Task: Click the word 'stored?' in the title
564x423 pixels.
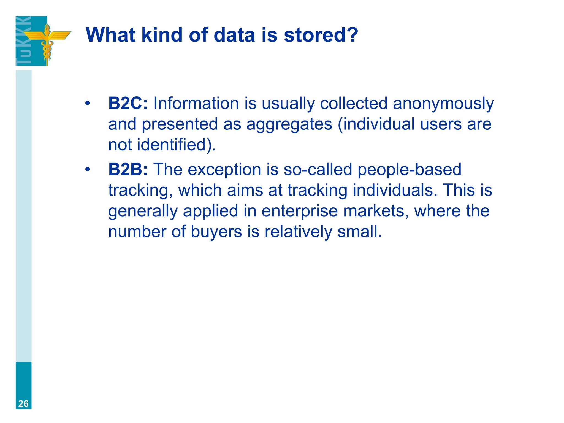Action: tap(321, 35)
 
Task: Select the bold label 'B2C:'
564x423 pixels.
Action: tap(128, 103)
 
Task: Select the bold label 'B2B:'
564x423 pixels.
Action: tap(128, 169)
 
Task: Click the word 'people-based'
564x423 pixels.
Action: tap(409, 170)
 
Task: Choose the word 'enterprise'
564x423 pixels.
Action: tap(300, 211)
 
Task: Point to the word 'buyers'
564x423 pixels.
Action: tap(216, 232)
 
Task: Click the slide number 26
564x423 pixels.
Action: tap(23, 403)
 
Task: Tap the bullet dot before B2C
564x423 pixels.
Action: tap(88, 104)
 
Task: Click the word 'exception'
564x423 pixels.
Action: tap(224, 170)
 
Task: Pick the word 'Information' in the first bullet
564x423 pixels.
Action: tap(196, 103)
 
